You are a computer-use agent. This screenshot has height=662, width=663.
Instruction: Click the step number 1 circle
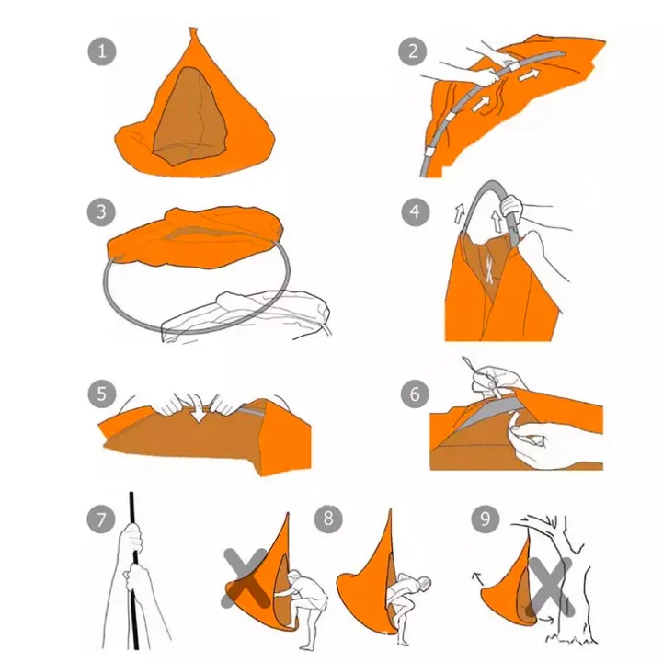point(102,51)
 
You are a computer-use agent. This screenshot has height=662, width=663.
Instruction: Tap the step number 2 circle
point(413,51)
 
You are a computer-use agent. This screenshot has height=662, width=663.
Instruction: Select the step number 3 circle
point(101,211)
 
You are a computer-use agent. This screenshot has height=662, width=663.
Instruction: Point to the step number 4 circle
point(416,211)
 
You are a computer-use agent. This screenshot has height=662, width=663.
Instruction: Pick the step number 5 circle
point(102,394)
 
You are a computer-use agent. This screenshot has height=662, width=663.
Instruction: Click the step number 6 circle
point(415,394)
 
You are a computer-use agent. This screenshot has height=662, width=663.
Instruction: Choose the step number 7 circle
point(101,519)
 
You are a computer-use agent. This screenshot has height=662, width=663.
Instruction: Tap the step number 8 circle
point(328,519)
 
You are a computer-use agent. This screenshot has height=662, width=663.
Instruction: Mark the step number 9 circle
point(486,519)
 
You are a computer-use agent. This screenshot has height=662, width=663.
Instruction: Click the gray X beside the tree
point(551,587)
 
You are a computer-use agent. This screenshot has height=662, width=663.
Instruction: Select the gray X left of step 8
point(246,578)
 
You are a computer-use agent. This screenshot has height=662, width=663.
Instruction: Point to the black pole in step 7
point(133,571)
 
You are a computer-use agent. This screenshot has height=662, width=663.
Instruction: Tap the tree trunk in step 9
point(571,592)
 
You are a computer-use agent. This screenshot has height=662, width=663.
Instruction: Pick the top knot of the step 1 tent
point(193,34)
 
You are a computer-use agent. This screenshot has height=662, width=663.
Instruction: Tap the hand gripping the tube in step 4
point(511,206)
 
